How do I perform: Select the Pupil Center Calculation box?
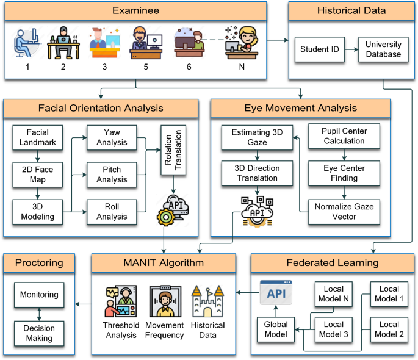(344, 136)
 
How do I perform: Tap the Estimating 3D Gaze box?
(257, 137)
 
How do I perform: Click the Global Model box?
(275, 329)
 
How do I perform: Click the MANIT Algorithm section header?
(164, 264)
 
